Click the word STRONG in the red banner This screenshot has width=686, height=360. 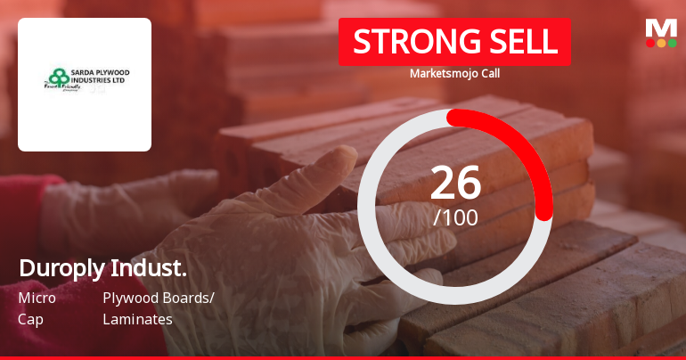406,42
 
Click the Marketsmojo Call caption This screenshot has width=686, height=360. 454,74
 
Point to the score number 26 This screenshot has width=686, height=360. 455,183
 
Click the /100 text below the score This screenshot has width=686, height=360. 455,217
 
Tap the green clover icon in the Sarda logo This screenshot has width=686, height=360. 59,77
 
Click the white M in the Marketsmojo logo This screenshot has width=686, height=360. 661,28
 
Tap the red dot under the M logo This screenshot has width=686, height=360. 650,43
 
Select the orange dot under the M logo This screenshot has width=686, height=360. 661,43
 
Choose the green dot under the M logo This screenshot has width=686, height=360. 672,43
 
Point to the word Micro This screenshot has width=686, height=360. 37,299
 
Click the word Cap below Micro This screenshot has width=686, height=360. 30,318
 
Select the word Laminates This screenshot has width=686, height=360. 137,318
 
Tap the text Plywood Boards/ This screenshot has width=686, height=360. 159,299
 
